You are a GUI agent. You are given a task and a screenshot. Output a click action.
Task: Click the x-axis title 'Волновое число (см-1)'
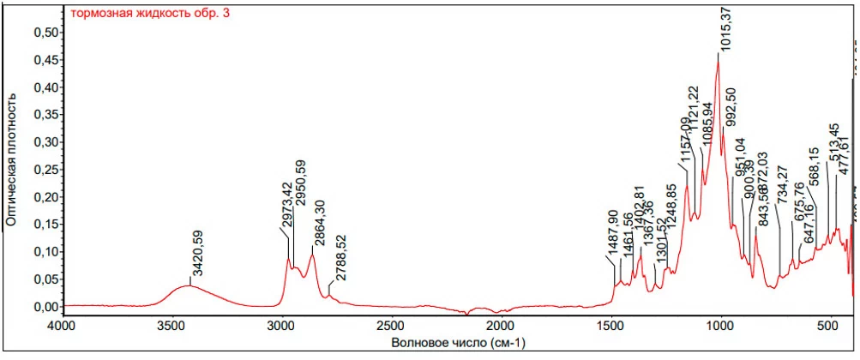point(458,343)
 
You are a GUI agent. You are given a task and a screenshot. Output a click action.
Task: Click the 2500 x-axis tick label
point(391,327)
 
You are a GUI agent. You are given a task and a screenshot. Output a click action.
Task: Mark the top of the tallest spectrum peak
point(719,54)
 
